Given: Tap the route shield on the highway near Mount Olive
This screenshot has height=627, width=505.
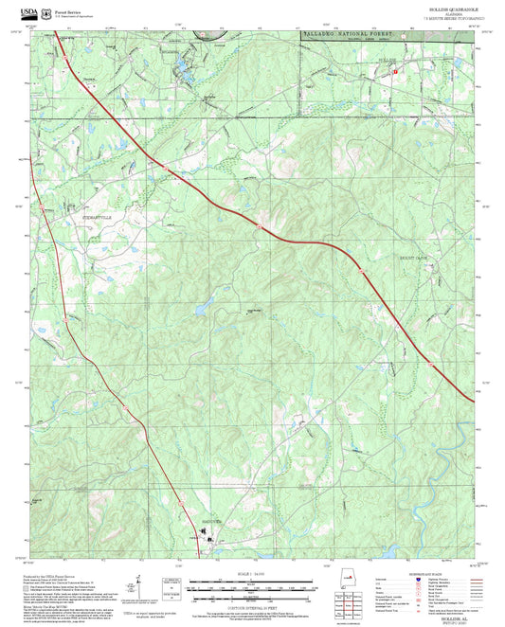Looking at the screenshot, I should (363, 270).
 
